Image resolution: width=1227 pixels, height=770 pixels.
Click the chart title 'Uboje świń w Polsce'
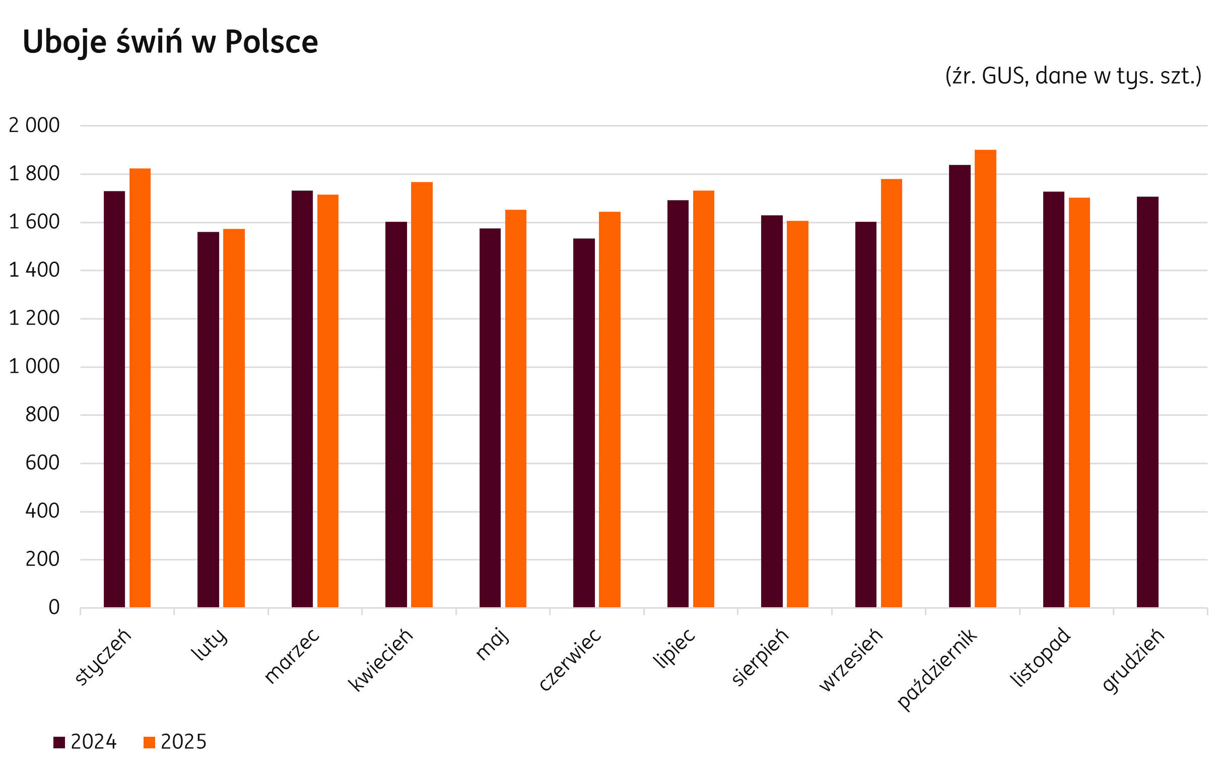[x=170, y=42]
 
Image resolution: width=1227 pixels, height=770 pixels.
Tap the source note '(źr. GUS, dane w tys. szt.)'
[x=1073, y=77]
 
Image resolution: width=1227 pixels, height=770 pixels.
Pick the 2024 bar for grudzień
[x=1147, y=402]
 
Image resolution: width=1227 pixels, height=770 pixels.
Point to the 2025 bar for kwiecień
[x=422, y=394]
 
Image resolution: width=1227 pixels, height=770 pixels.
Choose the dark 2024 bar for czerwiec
[x=584, y=423]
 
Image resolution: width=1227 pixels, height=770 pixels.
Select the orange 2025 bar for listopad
[x=1079, y=402]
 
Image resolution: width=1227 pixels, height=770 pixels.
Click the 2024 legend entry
[x=86, y=742]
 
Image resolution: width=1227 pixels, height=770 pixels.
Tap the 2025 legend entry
[x=176, y=742]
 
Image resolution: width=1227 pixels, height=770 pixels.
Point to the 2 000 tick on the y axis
[x=34, y=125]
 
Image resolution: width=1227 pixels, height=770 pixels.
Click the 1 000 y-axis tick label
[x=34, y=367]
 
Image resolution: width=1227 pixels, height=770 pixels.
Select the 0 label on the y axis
[x=54, y=608]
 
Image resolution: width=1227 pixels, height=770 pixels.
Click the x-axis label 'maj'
[x=492, y=645]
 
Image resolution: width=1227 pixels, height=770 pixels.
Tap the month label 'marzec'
[x=292, y=656]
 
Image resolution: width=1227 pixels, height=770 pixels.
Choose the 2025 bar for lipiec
[x=703, y=399]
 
